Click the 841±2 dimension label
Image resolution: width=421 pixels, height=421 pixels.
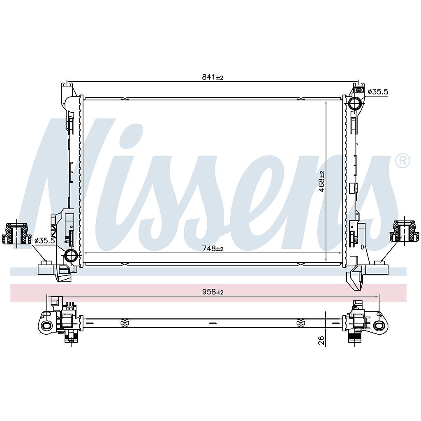(213, 77)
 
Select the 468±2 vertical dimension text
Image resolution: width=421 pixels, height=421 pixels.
(322, 181)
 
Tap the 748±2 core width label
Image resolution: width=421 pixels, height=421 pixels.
(213, 249)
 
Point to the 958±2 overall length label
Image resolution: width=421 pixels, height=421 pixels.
(213, 292)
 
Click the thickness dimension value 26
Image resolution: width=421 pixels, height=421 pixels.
(322, 340)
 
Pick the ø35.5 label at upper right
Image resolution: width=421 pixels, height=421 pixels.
(378, 92)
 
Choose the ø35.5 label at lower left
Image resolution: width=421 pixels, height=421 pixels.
(44, 241)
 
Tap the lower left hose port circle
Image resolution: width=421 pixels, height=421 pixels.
(71, 255)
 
